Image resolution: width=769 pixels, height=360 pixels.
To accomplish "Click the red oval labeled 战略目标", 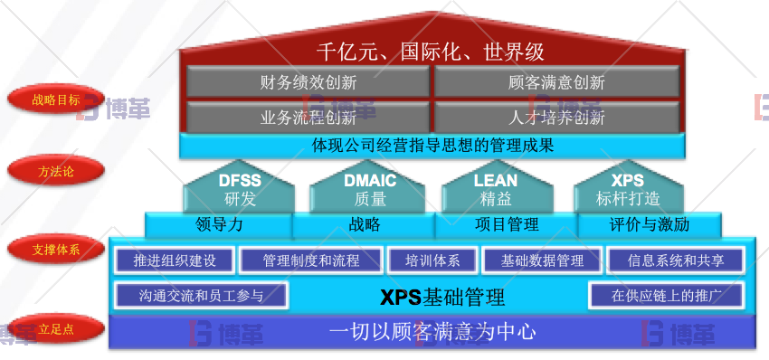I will [56, 99].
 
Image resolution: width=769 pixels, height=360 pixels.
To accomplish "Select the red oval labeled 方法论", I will [56, 170].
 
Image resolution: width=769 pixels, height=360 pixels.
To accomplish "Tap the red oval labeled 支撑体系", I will [56, 249].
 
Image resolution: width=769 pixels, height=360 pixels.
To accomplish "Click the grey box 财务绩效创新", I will [308, 82].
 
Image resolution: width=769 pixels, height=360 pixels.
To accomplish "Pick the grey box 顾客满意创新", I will [556, 82].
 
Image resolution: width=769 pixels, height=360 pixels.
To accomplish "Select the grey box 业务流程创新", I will [308, 117].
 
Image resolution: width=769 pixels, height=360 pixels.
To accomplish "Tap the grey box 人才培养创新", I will [556, 117].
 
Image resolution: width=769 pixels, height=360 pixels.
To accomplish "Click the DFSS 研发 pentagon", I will [240, 189].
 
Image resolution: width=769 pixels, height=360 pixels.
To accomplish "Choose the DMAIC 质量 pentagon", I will [370, 189].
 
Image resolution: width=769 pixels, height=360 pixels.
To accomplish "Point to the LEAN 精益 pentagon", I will [496, 189].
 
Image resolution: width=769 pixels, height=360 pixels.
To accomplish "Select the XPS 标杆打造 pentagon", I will [628, 189].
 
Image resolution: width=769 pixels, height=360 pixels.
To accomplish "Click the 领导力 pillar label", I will [219, 224].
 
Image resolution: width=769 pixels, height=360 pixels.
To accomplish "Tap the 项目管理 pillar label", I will [507, 224].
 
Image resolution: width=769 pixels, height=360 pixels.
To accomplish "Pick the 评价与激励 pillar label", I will [649, 224].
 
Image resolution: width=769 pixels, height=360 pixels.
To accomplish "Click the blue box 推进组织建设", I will [175, 261].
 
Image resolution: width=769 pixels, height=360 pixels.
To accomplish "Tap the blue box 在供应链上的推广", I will [665, 295].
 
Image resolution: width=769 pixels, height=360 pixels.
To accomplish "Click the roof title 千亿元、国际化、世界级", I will [430, 50].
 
